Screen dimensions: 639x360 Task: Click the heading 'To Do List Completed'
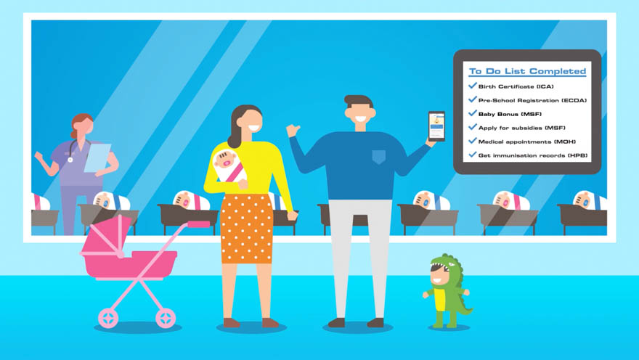[x=527, y=71]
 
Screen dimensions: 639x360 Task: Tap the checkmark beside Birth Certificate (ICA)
[x=473, y=86]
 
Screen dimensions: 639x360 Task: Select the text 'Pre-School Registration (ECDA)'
[x=533, y=100]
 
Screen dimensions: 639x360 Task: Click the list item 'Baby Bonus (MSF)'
[x=510, y=114]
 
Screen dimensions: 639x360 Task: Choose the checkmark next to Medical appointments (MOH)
[x=473, y=141]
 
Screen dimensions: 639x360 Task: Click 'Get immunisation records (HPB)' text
[x=533, y=155]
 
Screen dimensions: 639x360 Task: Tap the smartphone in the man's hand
[x=436, y=126]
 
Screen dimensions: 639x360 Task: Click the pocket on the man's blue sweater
[x=379, y=157]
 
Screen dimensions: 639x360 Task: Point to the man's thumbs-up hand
[x=293, y=131]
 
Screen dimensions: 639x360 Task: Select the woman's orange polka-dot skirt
[x=247, y=229]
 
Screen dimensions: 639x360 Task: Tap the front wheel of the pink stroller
[x=166, y=318]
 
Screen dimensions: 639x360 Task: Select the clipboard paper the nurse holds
[x=97, y=157]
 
